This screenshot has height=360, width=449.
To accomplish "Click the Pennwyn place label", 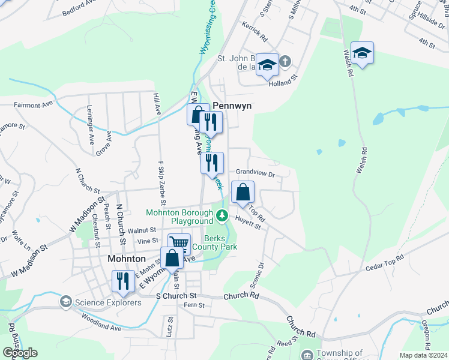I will [232, 104].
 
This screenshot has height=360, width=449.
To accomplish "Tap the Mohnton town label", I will [126, 259].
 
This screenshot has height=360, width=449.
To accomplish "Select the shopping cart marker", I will [179, 243].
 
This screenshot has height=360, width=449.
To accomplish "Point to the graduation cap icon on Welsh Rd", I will [362, 53].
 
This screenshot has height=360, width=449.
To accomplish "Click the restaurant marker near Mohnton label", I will [123, 281].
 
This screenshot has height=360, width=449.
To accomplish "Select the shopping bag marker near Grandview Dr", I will [243, 193].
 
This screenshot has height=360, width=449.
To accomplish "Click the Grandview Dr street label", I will [255, 173].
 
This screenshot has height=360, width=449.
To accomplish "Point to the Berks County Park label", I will [221, 242].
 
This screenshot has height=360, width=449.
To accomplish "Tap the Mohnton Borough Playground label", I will [179, 217].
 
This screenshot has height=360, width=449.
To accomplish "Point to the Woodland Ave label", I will [101, 324].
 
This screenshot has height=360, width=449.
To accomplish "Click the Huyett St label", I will [248, 222].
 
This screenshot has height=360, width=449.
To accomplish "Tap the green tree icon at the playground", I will [223, 215].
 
